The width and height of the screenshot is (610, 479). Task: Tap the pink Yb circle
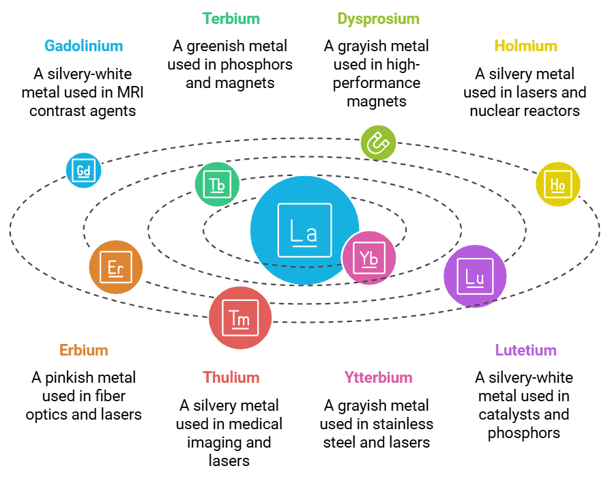click(369, 258)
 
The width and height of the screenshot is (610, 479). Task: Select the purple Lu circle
click(475, 276)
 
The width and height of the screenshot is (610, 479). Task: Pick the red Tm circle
click(239, 318)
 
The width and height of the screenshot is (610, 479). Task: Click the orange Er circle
click(116, 267)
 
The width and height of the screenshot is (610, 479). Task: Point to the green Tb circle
click(217, 184)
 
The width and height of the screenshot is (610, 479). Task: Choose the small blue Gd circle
click(83, 170)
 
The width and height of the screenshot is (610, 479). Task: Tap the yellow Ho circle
click(557, 184)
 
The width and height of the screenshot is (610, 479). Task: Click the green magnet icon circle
click(378, 143)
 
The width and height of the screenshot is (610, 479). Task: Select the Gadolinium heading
click(84, 46)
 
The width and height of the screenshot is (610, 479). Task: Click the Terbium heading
click(231, 18)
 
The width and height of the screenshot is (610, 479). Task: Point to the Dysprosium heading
click(378, 18)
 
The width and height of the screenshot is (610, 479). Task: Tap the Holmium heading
click(525, 46)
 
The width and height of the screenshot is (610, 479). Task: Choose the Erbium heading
click(83, 350)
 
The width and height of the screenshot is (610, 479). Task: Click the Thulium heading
click(231, 377)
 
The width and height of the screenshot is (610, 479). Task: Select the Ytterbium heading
click(378, 377)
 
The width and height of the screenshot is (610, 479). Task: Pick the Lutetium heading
click(525, 350)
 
